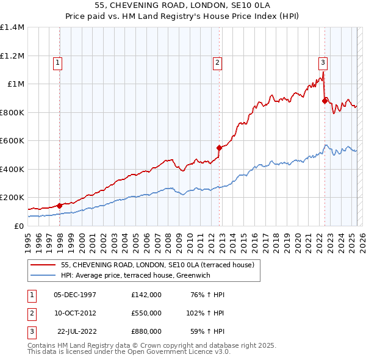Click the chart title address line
(182, 5)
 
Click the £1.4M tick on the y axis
(12, 27)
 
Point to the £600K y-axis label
(12, 141)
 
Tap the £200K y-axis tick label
(12, 198)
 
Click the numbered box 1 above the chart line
(57, 62)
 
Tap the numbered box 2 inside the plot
(217, 62)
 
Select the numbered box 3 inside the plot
(322, 62)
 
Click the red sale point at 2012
(219, 147)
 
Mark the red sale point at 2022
(325, 101)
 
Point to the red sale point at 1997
(60, 206)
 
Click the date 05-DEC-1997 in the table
(75, 295)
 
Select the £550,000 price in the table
(146, 312)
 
